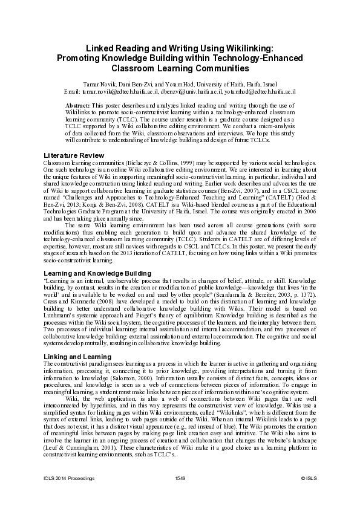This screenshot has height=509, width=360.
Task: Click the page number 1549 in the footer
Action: click(180, 478)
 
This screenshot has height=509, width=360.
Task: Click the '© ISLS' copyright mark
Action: click(309, 478)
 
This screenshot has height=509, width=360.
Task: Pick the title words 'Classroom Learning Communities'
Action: click(180, 68)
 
